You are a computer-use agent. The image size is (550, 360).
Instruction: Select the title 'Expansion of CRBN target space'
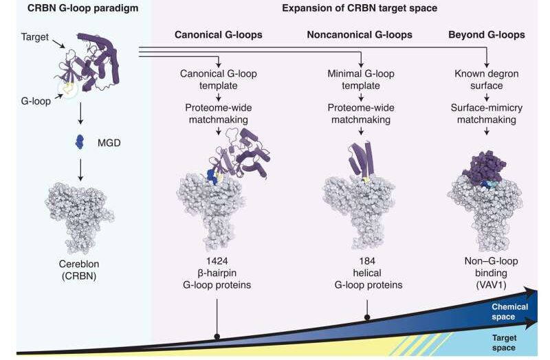(350, 8)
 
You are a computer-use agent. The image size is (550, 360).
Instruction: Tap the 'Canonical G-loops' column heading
(217, 34)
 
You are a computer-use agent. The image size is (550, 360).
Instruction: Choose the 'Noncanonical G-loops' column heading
(361, 34)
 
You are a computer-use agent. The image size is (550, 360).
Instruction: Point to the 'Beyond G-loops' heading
(487, 34)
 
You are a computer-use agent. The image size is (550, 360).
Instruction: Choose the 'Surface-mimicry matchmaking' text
(487, 113)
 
